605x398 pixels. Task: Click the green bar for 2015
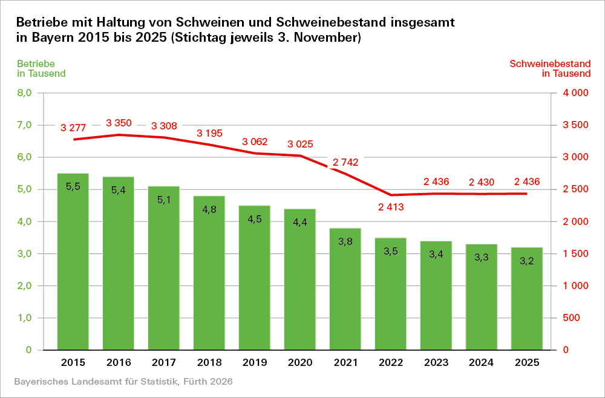tap(73, 262)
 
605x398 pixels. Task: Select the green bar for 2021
tap(345, 289)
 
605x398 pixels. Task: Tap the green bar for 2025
tap(527, 299)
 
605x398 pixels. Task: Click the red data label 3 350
tap(119, 123)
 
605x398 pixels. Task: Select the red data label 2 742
tap(345, 162)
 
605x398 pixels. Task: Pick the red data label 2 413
tap(391, 207)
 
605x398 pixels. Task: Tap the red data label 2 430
tap(482, 181)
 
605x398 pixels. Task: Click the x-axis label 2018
tap(209, 362)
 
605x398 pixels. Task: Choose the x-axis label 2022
tap(391, 362)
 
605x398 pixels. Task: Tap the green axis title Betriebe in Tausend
tap(41, 68)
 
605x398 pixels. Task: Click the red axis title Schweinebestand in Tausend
tap(550, 68)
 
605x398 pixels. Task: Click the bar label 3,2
tap(527, 261)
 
